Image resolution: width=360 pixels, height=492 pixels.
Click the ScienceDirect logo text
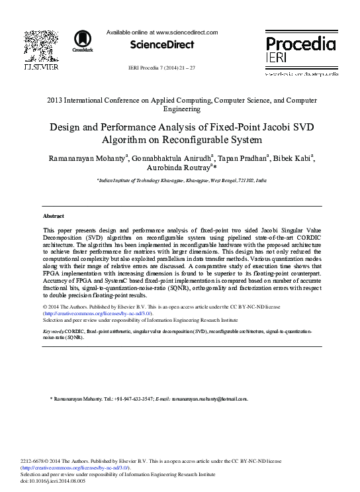[162, 45]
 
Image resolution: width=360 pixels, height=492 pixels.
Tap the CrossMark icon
[83, 40]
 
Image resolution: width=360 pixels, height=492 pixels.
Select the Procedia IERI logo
[300, 51]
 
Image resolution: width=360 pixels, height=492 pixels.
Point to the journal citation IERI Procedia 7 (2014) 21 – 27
[161, 68]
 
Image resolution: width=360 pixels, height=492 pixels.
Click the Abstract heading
[53, 217]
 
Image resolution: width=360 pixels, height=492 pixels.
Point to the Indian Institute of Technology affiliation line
[181, 179]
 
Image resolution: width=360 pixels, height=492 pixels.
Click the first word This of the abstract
[49, 228]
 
